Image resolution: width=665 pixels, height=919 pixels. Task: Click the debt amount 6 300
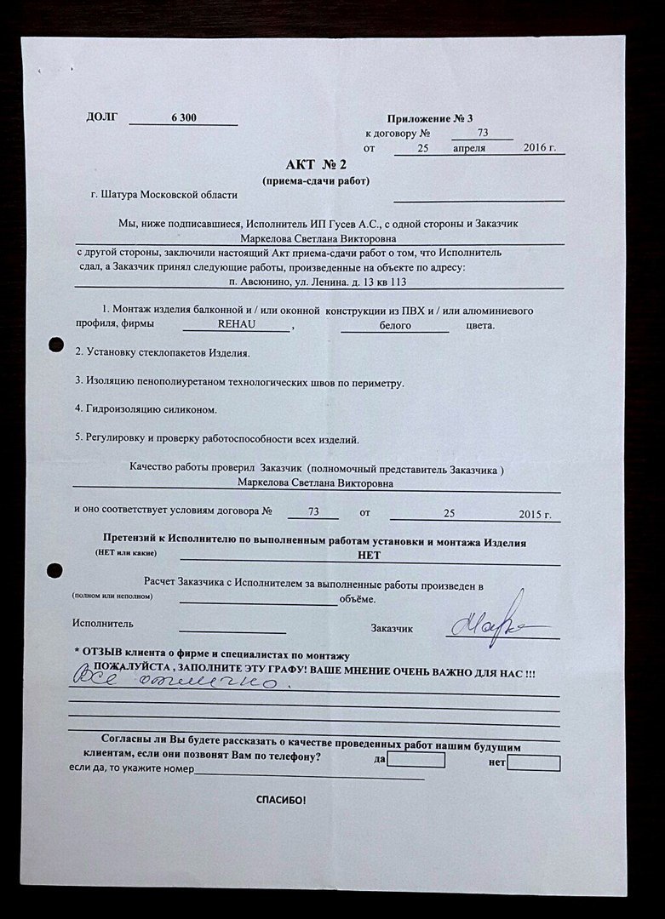click(184, 117)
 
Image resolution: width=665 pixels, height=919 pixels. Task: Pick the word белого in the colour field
click(395, 326)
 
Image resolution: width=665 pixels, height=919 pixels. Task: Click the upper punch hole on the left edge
click(56, 345)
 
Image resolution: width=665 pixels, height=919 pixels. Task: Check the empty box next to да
click(416, 759)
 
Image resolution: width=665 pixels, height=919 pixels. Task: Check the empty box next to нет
click(533, 762)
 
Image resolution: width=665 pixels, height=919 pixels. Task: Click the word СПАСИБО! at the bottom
click(280, 801)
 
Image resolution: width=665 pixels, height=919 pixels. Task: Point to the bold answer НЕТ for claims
click(370, 555)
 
